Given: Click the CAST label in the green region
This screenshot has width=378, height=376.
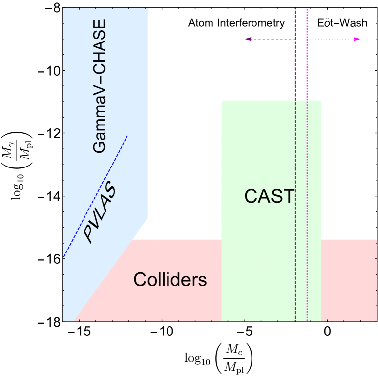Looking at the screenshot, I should click(269, 196).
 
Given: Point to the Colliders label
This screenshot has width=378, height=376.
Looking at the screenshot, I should click(170, 280).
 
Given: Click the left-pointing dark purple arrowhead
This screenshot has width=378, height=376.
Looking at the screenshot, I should click(247, 39).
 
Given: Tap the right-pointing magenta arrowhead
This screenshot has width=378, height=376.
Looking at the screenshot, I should click(359, 39).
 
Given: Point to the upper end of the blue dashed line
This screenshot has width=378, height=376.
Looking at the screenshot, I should click(127, 136).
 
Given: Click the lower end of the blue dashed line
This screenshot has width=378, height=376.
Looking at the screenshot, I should click(64, 258).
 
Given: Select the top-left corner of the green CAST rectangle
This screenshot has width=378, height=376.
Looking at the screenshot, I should click(223, 101).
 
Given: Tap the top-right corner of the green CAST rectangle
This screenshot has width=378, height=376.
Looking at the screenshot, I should click(320, 101).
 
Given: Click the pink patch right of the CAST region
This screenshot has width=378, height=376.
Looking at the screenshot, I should click(348, 279).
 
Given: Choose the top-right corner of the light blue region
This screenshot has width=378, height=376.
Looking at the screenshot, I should click(147, 9).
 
